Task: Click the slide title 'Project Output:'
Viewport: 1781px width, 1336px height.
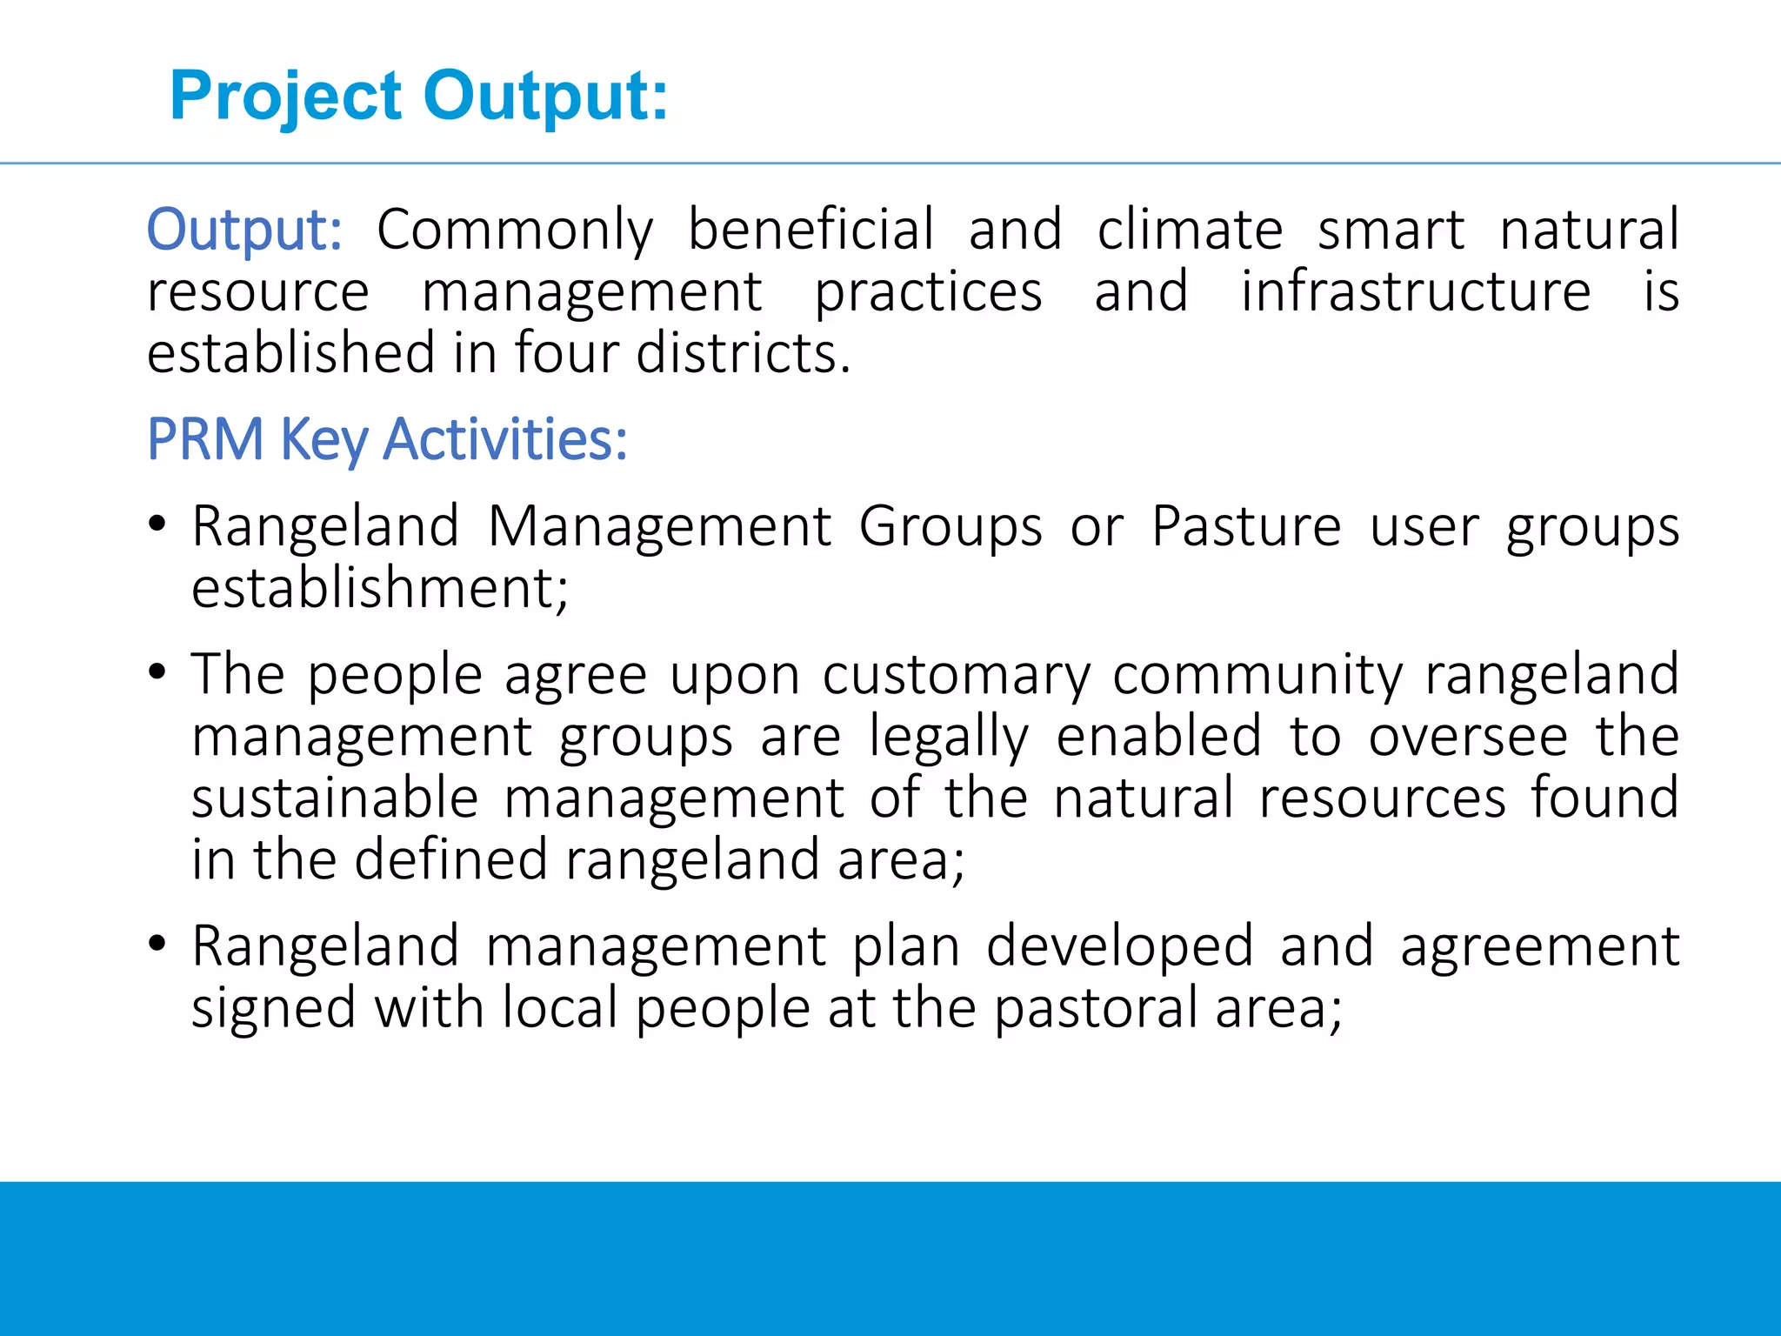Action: click(419, 96)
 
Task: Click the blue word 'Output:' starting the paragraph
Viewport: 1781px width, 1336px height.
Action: click(244, 230)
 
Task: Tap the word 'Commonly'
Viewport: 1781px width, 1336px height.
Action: click(515, 230)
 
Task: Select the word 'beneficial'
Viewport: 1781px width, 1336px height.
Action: click(811, 230)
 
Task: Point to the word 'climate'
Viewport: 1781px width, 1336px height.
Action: click(1190, 230)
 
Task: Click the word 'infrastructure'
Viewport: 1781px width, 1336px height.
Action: click(1416, 291)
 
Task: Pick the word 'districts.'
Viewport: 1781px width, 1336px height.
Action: click(744, 353)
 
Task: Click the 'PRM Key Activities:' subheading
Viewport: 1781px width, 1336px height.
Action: click(387, 439)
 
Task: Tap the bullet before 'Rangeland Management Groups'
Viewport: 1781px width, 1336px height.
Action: click(157, 524)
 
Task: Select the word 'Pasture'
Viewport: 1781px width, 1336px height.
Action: click(1246, 527)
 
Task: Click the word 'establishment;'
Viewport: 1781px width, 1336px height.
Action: click(380, 589)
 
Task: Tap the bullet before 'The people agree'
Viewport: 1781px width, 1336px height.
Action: click(157, 672)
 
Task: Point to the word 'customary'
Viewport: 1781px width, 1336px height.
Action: click(956, 676)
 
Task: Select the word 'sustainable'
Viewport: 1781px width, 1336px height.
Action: click(335, 798)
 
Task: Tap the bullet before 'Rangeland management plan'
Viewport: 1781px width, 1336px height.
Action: click(157, 944)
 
